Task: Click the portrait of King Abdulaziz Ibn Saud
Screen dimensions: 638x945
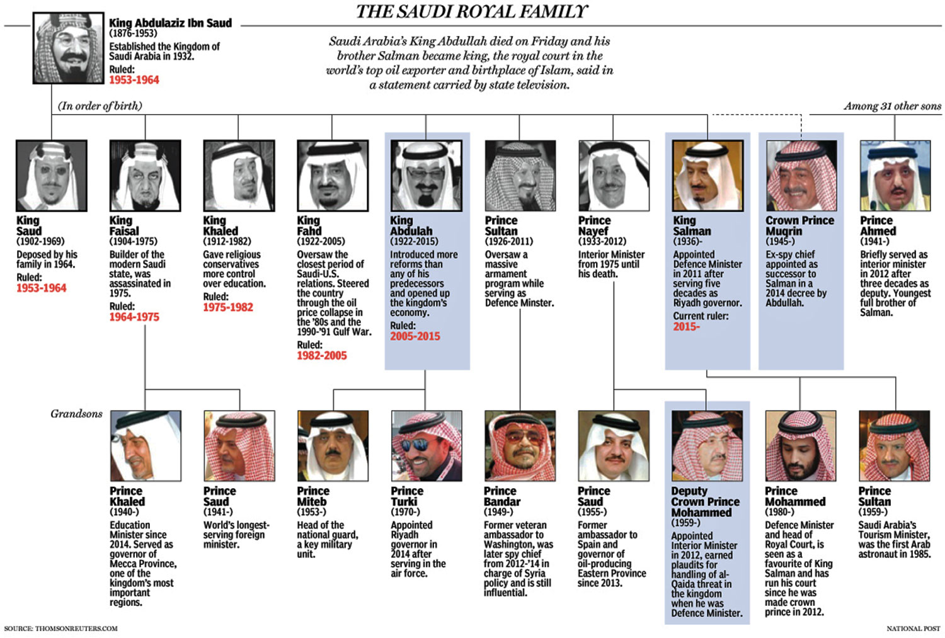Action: point(68,48)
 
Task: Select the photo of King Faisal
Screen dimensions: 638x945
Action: point(145,176)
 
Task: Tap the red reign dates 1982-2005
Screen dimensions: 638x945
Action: point(322,356)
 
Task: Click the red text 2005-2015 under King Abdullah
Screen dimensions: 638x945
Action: point(415,336)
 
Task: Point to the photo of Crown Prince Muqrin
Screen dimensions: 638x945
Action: point(801,176)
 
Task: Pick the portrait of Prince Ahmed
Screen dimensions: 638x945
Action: point(895,176)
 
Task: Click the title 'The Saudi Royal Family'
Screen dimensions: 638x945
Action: point(472,11)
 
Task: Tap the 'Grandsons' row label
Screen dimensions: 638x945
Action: point(76,414)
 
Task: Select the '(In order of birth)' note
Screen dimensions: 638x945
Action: point(100,106)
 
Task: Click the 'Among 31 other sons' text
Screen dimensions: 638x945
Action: point(892,106)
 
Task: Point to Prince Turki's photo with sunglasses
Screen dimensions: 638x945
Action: point(427,446)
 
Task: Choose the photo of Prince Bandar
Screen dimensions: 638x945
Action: point(520,446)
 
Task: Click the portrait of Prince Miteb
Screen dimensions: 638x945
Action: point(333,446)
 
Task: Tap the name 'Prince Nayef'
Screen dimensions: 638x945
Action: point(594,225)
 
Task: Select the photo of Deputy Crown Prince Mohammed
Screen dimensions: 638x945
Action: point(707,446)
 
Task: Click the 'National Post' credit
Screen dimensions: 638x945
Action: point(913,629)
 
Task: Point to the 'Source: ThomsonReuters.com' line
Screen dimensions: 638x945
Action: point(61,629)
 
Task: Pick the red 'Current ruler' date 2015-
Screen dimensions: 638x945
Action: point(686,326)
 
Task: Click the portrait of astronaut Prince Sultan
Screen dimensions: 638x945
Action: point(894,446)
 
